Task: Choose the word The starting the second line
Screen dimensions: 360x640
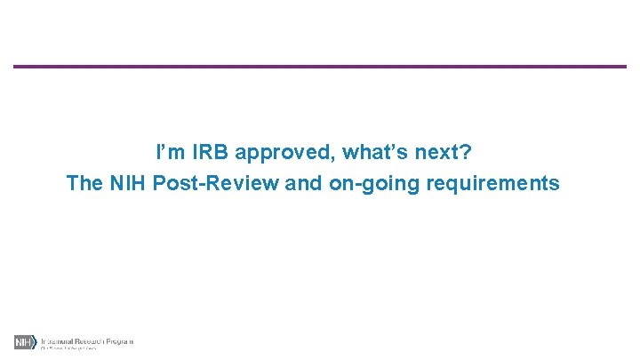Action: (85, 184)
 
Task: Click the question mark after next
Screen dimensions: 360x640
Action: (466, 152)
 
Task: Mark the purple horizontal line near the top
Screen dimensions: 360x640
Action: (320, 67)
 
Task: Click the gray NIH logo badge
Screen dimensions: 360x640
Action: (24, 342)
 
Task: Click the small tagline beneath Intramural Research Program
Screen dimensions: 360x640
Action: (68, 348)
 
